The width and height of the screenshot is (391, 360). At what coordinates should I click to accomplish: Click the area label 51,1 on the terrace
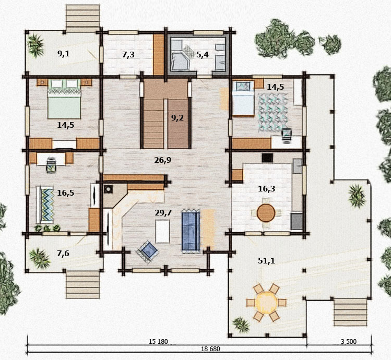click(266, 261)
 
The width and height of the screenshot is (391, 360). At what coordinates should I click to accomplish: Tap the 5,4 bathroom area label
click(202, 55)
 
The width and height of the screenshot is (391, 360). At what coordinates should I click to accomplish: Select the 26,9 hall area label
click(162, 160)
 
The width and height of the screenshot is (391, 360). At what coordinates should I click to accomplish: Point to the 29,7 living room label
click(163, 213)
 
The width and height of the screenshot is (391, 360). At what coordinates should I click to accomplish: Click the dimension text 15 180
click(158, 341)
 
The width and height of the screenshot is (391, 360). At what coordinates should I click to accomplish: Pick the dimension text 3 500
click(349, 341)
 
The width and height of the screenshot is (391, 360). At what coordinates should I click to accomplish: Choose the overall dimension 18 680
click(210, 349)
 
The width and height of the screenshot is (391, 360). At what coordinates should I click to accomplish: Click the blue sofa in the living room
click(191, 231)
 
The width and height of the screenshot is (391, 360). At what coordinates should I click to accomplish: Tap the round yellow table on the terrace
click(266, 303)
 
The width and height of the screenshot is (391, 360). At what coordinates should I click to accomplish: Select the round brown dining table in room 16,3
click(266, 213)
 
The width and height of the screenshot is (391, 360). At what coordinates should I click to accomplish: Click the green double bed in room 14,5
click(64, 99)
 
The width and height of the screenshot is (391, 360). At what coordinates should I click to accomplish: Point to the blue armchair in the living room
click(148, 251)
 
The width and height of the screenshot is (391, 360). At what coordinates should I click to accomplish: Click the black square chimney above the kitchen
click(267, 158)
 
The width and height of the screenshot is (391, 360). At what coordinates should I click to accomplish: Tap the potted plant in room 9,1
click(35, 45)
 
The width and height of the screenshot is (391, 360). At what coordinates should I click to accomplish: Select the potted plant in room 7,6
click(39, 258)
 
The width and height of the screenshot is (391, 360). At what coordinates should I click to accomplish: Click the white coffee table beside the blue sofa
click(162, 231)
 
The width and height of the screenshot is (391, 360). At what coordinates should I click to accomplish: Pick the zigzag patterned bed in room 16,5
click(45, 205)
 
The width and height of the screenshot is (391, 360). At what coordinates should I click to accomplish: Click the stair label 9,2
click(177, 118)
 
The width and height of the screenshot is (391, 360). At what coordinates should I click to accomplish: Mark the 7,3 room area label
click(128, 55)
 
